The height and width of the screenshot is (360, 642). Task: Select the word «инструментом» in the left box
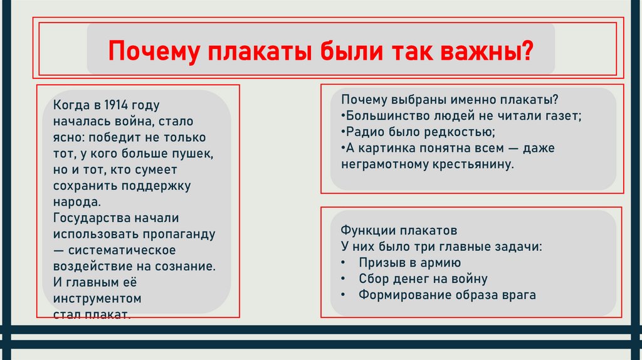(x=97, y=298)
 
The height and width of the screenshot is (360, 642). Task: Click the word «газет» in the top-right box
(x=566, y=115)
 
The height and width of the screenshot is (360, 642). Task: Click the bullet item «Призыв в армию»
(x=410, y=262)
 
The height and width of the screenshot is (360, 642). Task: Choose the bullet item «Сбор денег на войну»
(x=423, y=278)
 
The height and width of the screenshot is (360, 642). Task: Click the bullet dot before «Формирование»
(x=344, y=295)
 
